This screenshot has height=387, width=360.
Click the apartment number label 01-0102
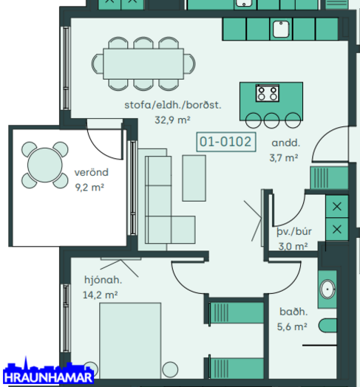click(225, 142)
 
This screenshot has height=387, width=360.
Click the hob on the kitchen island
click(267, 93)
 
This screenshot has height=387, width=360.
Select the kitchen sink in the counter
click(281, 29)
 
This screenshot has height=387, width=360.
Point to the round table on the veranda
click(44, 165)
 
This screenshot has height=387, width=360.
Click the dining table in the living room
click(143, 64)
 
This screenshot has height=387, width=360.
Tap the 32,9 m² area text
click(172, 120)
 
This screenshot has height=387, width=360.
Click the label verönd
click(92, 172)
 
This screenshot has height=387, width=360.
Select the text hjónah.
click(103, 280)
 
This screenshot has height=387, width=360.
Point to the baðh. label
click(293, 312)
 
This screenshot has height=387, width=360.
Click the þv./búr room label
click(294, 232)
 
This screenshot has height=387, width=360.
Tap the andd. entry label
click(285, 143)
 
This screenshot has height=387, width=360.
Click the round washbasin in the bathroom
click(327, 290)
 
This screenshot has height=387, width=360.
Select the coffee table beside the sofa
click(194, 178)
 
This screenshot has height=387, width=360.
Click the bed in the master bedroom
click(130, 340)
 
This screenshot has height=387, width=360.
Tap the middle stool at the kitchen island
click(271, 120)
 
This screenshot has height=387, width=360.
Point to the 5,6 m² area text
click(292, 326)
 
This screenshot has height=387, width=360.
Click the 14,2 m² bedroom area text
click(100, 295)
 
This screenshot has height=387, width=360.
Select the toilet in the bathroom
click(327, 326)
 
